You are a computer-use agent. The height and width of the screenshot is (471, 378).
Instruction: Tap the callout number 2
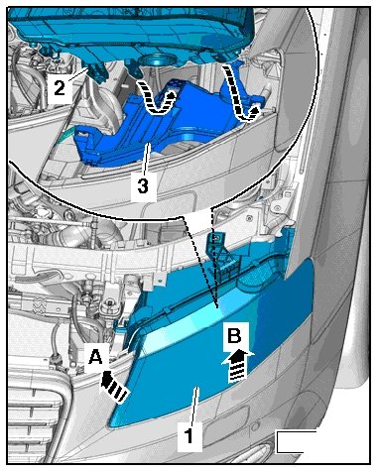[60, 88]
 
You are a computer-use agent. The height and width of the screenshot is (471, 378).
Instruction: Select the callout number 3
[143, 186]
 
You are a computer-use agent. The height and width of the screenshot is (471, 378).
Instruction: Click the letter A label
[95, 357]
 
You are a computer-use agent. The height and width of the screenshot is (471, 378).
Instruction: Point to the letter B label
[234, 337]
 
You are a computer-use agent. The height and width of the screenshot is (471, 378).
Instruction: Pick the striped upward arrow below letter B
[238, 367]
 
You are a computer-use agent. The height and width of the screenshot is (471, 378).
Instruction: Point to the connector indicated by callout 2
[96, 71]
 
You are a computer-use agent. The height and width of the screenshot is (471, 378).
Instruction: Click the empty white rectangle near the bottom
[297, 441]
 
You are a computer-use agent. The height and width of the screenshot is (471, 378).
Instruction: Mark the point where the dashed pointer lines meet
[215, 305]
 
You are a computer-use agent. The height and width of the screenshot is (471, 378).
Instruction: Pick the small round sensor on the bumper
[254, 424]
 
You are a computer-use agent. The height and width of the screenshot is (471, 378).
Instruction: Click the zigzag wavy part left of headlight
[39, 304]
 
